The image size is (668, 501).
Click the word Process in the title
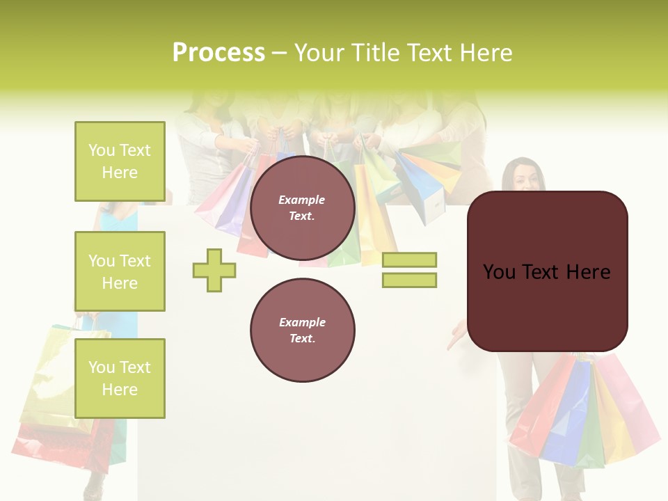pos(218,53)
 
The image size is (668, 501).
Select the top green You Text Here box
pos(120,161)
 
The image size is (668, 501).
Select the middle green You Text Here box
pos(120,271)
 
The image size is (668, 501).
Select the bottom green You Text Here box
pos(120,379)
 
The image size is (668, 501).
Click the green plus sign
pos(214,270)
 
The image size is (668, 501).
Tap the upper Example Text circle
pos(302,207)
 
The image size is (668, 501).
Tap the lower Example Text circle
pos(302,330)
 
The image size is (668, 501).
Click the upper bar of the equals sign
pos(409,260)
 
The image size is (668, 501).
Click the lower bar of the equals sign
pos(409,280)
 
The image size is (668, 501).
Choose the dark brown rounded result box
pos(547,271)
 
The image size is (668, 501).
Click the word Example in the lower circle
pos(302,322)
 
